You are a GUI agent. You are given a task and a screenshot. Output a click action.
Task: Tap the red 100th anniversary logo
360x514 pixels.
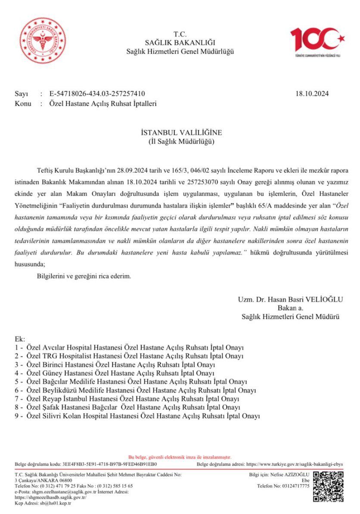(317, 41)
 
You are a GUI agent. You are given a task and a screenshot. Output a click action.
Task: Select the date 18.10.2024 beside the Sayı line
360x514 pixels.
(313, 93)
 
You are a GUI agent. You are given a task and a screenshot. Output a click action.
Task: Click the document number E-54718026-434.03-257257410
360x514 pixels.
(97, 93)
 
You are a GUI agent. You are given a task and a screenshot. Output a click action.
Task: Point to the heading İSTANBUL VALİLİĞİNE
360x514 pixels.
(180, 132)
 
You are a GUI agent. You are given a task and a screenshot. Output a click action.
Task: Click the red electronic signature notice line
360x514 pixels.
(180, 457)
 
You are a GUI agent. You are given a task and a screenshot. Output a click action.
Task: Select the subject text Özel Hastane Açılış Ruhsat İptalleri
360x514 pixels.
(103, 103)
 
